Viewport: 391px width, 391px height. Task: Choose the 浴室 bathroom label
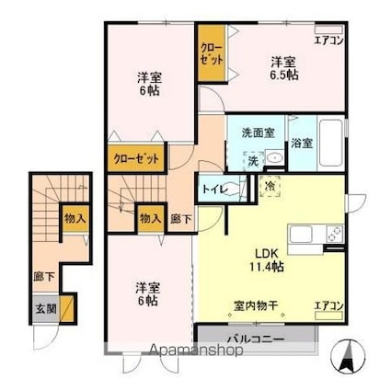pos(302,144)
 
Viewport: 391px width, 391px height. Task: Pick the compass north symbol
pos(348,355)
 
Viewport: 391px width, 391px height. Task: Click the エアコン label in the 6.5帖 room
pos(328,40)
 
